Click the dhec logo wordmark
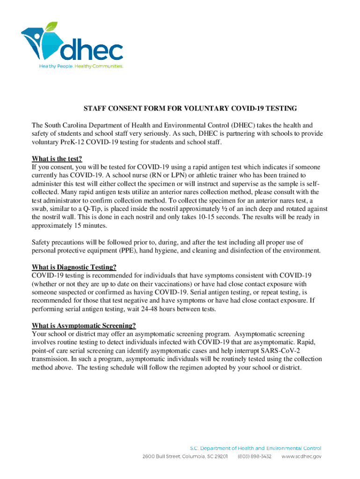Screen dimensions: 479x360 (x=94, y=50)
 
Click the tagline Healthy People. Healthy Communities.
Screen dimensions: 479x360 (x=80, y=66)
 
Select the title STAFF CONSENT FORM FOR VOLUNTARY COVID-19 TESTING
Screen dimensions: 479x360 (x=190, y=109)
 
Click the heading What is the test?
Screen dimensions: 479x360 (x=60, y=158)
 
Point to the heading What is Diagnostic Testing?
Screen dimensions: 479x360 (x=74, y=267)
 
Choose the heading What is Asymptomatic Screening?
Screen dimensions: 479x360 (x=84, y=326)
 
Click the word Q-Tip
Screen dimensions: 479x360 (x=92, y=209)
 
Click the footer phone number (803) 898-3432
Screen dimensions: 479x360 (x=255, y=457)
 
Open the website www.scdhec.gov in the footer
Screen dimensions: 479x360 (x=301, y=457)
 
